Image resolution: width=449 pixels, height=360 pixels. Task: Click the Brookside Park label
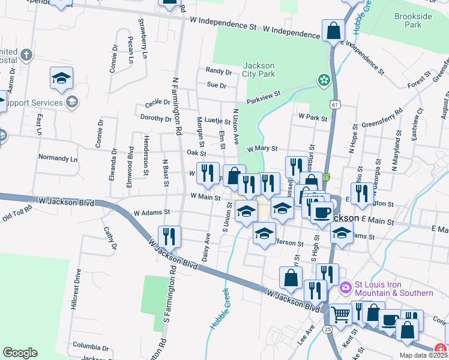pyautogui.click(x=409, y=21)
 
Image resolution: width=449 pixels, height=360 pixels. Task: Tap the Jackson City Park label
pyautogui.click(x=259, y=70)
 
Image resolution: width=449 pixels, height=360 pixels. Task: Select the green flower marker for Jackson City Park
pyautogui.click(x=324, y=80)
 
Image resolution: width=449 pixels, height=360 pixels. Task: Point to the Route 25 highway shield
pyautogui.click(x=327, y=329)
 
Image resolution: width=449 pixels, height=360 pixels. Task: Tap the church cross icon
pyautogui.click(x=25, y=56)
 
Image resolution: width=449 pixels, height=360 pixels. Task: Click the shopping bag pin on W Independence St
pyautogui.click(x=333, y=31)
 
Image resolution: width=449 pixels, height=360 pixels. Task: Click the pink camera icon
pyautogui.click(x=345, y=288)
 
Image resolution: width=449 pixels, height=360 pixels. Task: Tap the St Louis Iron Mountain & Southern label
pyautogui.click(x=394, y=289)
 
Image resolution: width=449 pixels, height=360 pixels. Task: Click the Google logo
pyautogui.click(x=20, y=353)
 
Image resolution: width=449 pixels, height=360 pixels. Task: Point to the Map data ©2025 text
pyautogui.click(x=422, y=355)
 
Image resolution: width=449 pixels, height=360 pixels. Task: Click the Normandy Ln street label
pyautogui.click(x=58, y=159)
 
